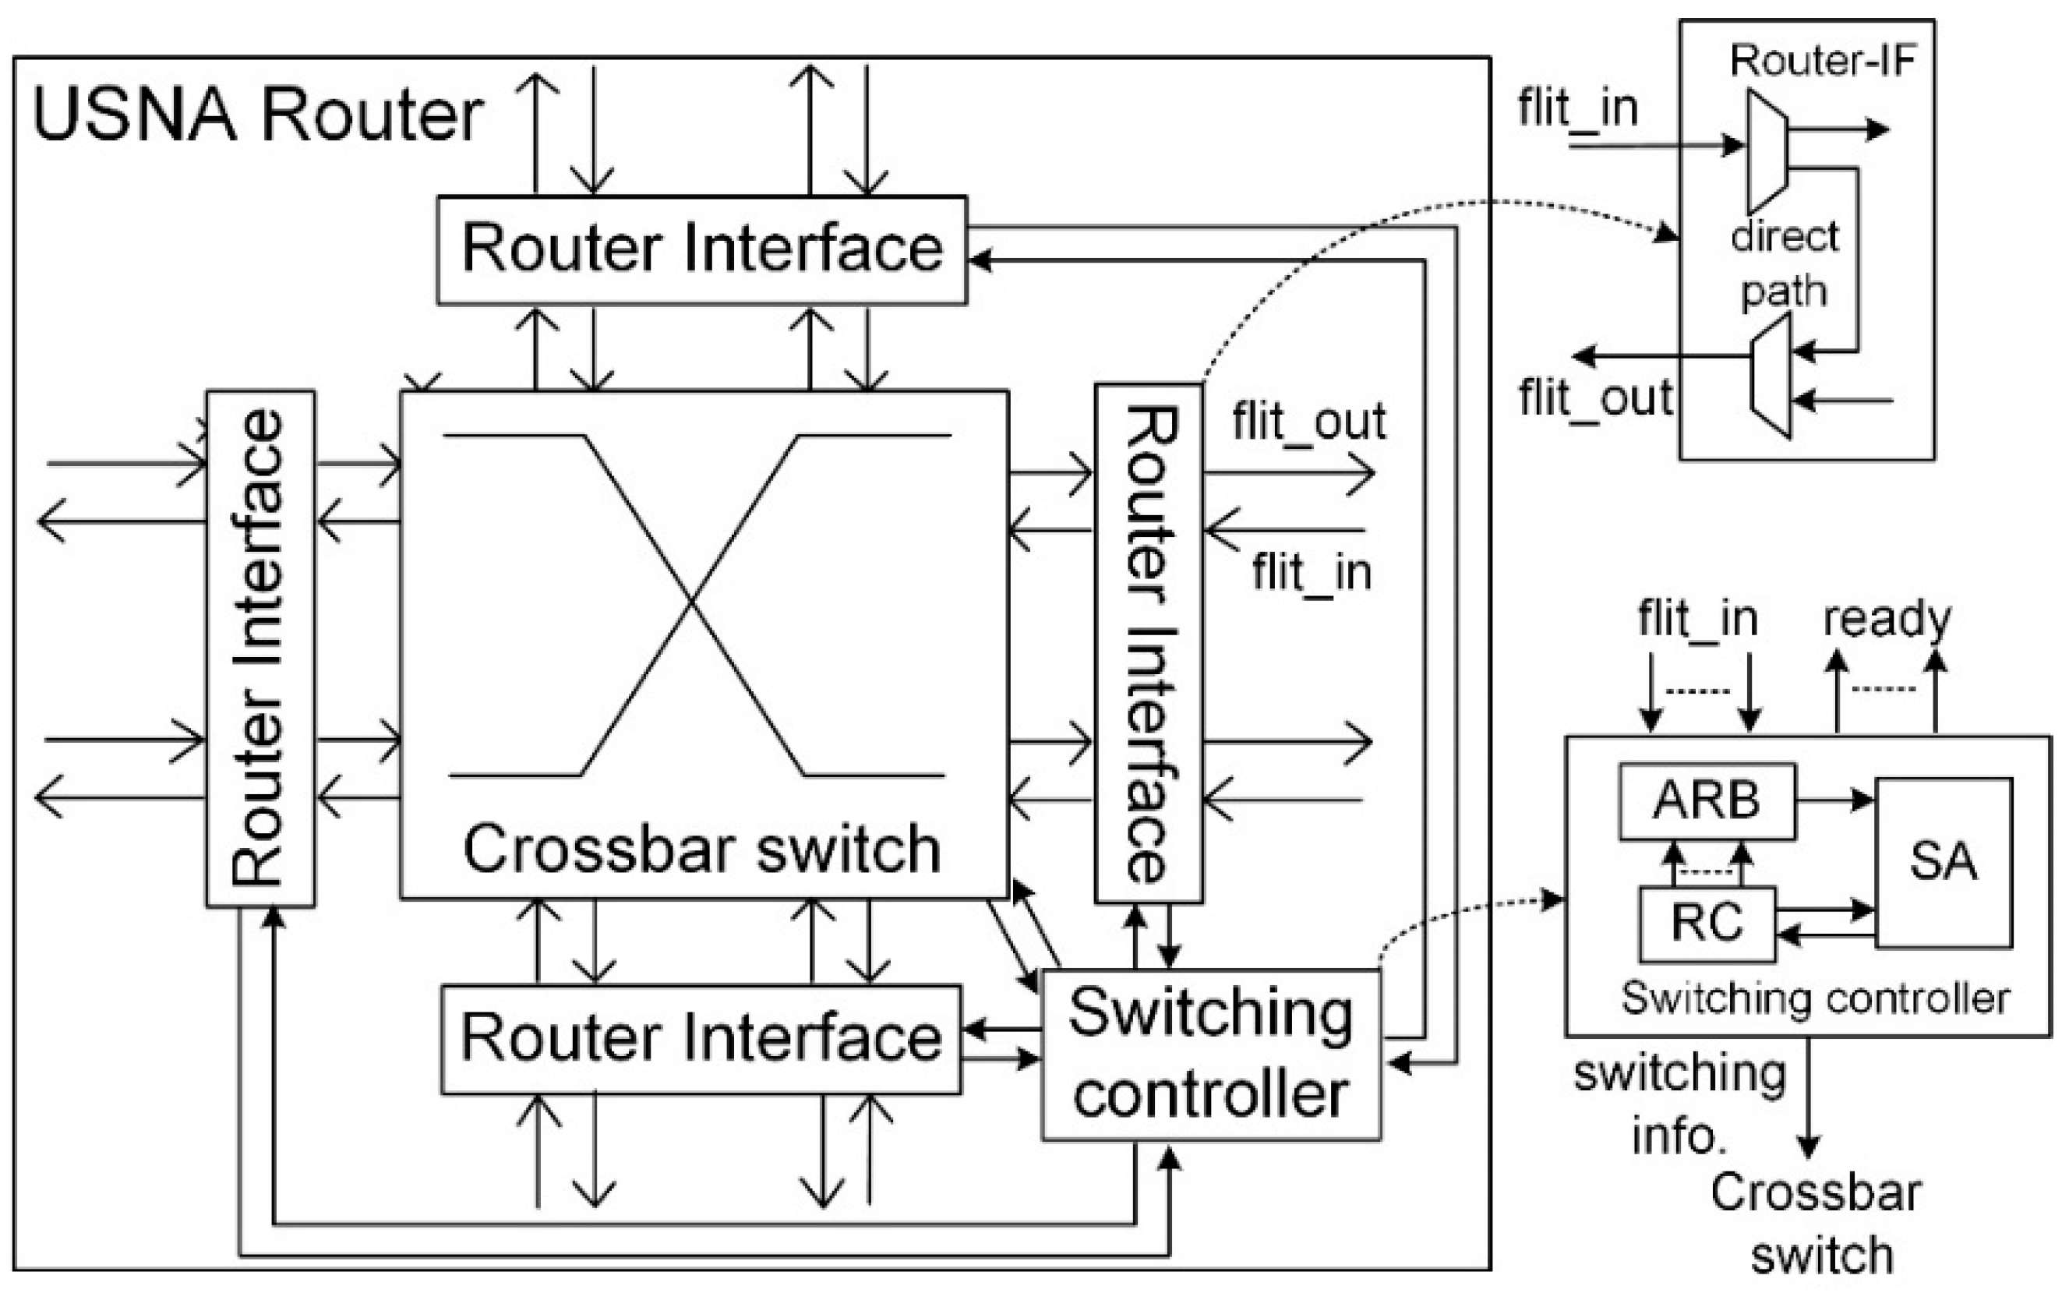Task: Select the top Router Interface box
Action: click(701, 249)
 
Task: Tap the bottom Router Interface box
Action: click(701, 1038)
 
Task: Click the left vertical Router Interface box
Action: click(260, 648)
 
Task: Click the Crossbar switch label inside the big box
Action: click(701, 850)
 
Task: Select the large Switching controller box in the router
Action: click(1211, 1054)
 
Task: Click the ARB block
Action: click(1707, 801)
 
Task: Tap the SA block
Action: click(1944, 862)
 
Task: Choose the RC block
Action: click(1707, 924)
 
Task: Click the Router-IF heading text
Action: click(1821, 61)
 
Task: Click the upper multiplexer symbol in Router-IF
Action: click(1767, 152)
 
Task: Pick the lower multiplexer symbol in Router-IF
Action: click(1771, 376)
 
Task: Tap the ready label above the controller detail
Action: click(1887, 618)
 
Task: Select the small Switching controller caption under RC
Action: click(1814, 998)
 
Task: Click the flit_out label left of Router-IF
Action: click(1595, 398)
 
